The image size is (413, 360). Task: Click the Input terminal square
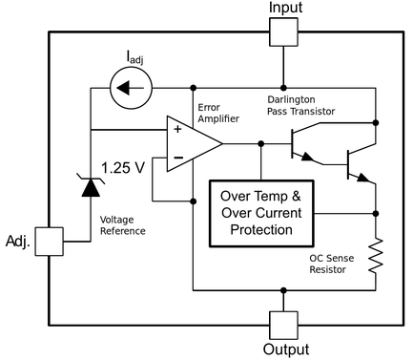[283, 33]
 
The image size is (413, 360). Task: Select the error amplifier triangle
[192, 144]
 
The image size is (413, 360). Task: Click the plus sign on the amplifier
[177, 130]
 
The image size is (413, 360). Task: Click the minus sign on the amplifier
[177, 159]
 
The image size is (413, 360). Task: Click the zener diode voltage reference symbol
[90, 184]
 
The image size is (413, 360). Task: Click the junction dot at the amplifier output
[261, 144]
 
